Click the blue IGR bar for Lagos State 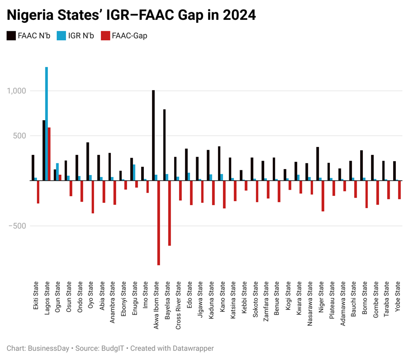click(47, 124)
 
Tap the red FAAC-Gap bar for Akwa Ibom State click(159, 223)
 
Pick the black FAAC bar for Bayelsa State click(164, 145)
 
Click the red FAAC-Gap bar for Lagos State click(49, 154)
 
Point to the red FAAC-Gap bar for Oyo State click(93, 197)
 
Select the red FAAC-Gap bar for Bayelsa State click(170, 213)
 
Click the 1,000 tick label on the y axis click(17, 91)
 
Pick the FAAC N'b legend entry click(28, 36)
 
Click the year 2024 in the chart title click(239, 15)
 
